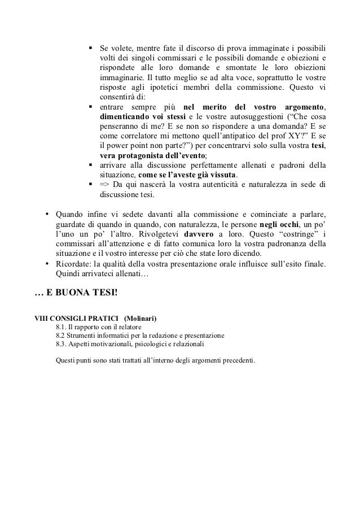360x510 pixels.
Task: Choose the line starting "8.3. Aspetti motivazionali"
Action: pyautogui.click(x=131, y=344)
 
